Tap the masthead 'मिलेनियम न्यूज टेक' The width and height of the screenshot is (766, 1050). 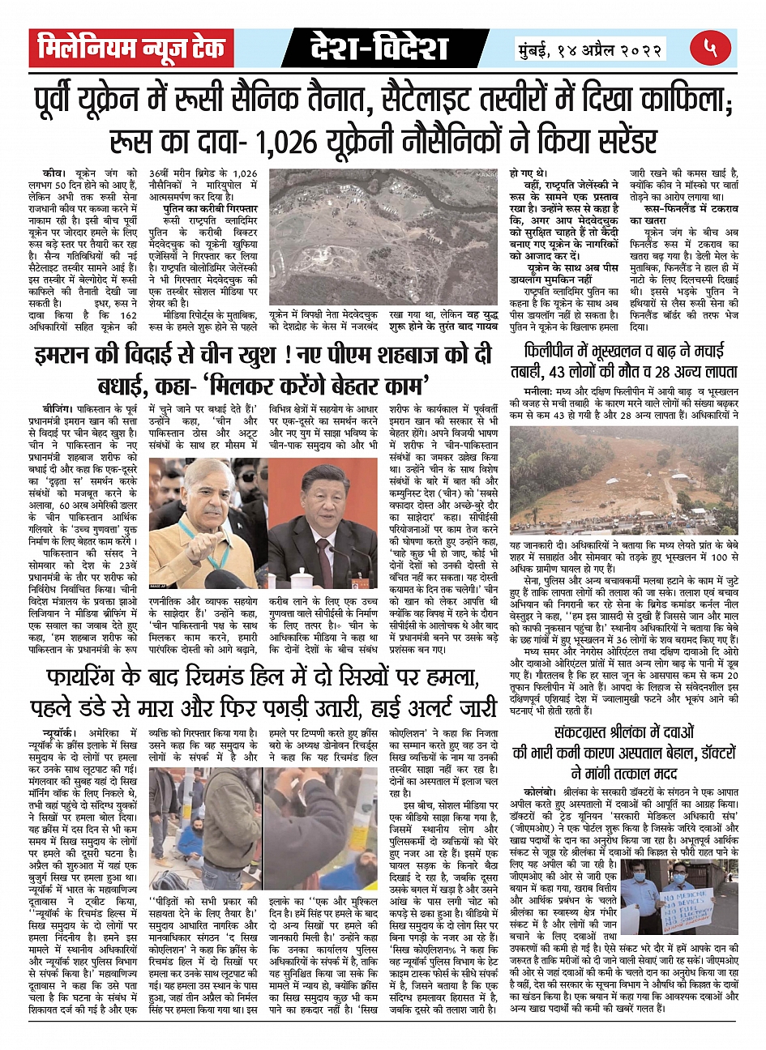tap(131, 49)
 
